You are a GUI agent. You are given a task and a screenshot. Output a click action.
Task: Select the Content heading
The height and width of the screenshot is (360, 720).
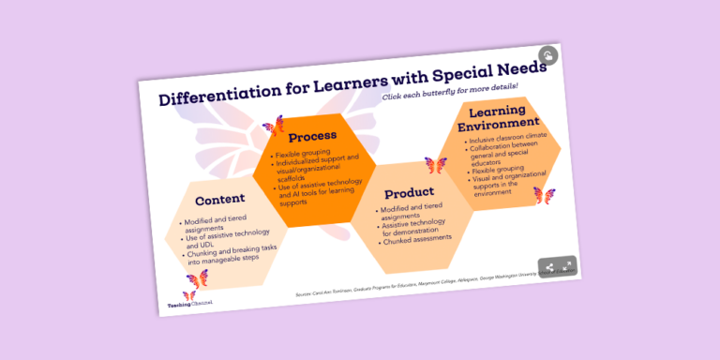coord(220,199)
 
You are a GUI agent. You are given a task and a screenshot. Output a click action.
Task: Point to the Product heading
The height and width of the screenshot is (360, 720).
coord(409,193)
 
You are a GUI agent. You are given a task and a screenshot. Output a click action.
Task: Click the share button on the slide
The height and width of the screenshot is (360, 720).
coord(549,267)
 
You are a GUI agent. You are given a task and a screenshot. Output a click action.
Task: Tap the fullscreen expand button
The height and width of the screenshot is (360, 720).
coord(566,266)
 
